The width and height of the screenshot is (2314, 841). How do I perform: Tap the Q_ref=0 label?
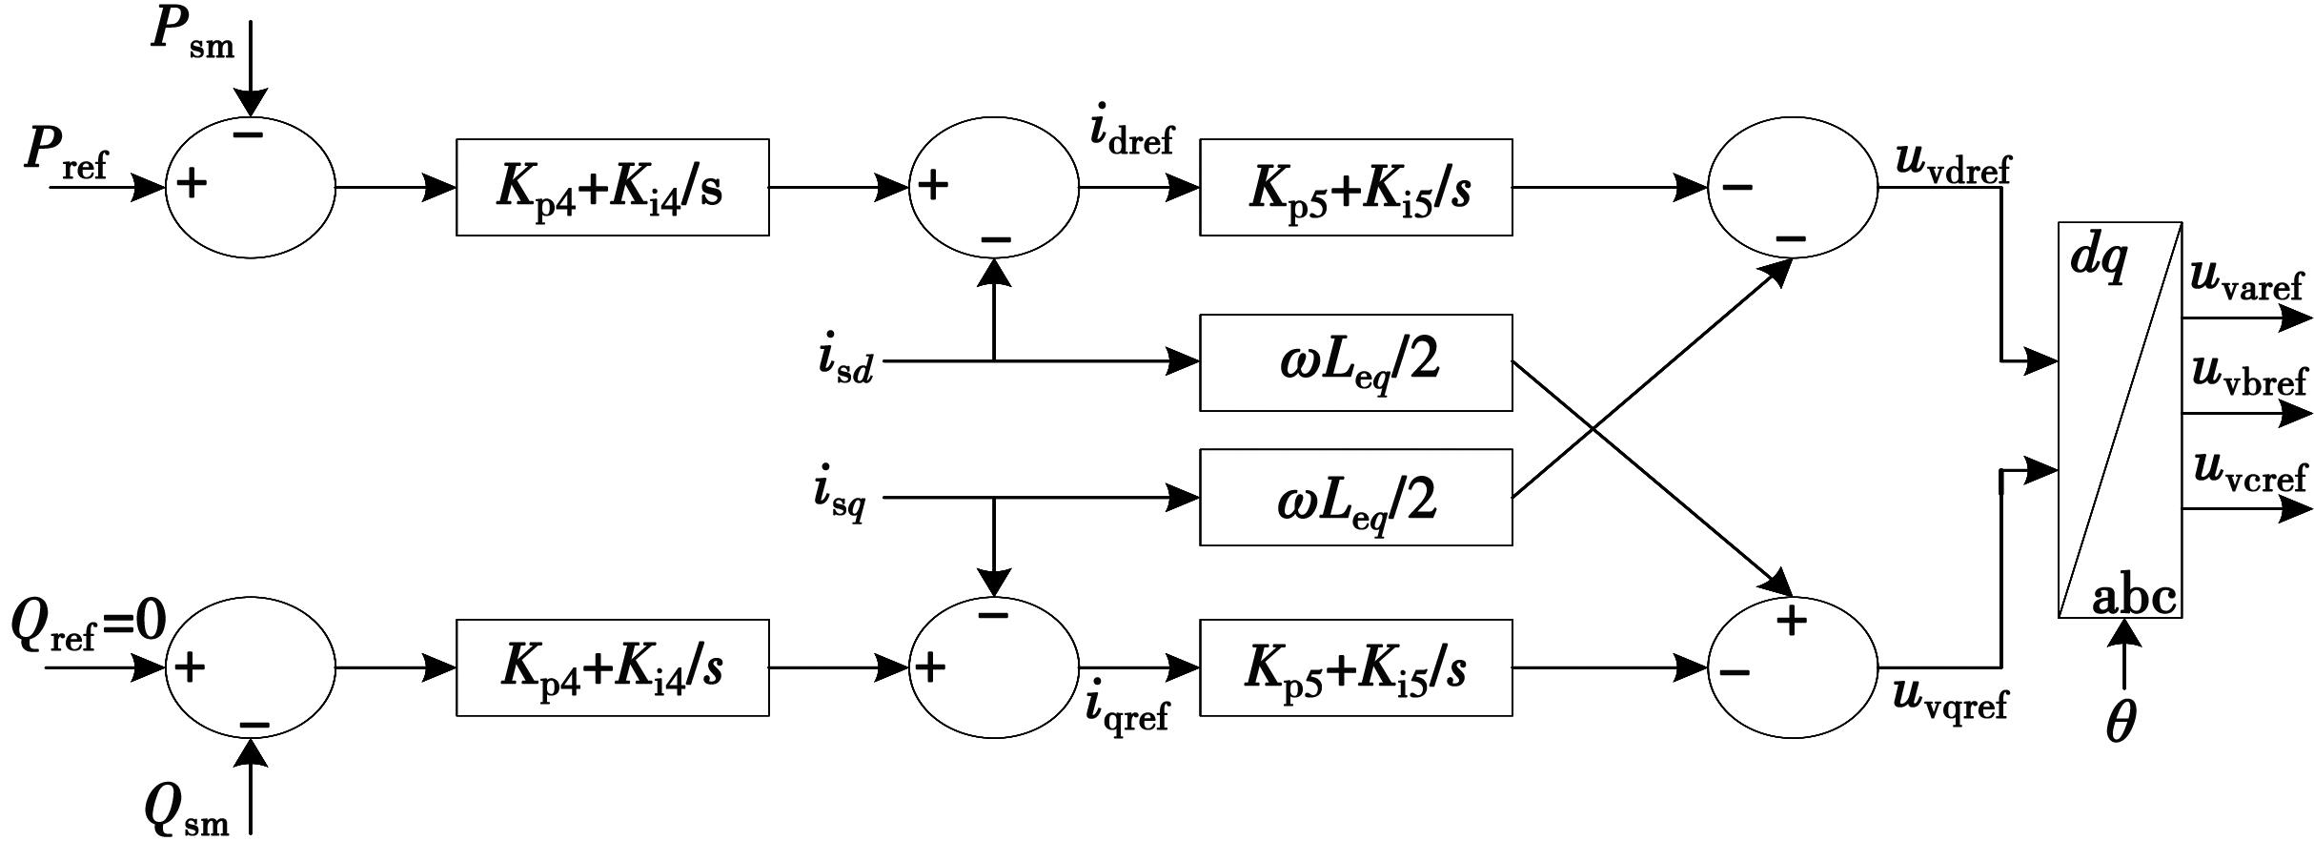click(x=89, y=626)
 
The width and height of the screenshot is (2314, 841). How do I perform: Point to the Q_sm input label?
click(x=187, y=811)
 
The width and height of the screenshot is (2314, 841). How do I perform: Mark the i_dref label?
click(x=1132, y=133)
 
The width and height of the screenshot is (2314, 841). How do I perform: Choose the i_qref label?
click(x=1127, y=709)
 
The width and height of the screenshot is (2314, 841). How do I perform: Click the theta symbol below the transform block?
click(x=2121, y=722)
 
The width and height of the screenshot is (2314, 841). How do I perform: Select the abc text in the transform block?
click(x=2133, y=598)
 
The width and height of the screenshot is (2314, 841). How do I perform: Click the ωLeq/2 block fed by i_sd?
click(x=1355, y=362)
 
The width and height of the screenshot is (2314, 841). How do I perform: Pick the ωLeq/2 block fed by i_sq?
click(x=1355, y=498)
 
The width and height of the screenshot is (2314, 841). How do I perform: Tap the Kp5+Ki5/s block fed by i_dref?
click(x=1355, y=188)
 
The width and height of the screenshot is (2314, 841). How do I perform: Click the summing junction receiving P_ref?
click(x=251, y=188)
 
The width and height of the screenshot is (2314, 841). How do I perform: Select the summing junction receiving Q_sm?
click(x=251, y=667)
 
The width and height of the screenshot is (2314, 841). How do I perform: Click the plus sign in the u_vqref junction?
click(x=1792, y=621)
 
